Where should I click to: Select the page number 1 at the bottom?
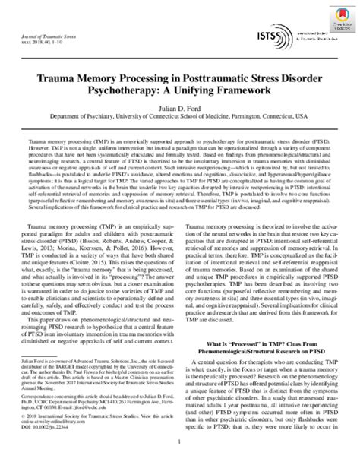click(180, 453)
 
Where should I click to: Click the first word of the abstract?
click(34, 142)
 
